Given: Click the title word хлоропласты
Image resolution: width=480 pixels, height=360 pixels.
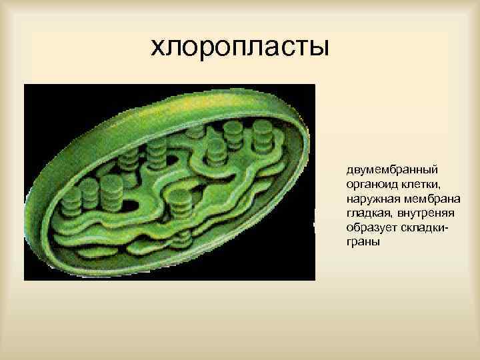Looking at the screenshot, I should click(x=239, y=47).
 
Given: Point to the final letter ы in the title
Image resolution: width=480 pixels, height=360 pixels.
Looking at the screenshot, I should click(x=319, y=48).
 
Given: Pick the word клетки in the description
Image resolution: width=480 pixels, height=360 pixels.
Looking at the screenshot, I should click(x=411, y=185).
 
